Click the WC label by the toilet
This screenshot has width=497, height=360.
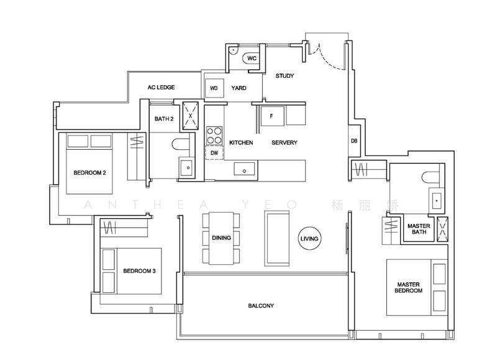point(251,58)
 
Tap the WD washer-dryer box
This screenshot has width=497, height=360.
point(214,88)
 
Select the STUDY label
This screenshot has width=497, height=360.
point(285,76)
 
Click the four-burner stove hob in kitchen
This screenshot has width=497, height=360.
point(214,135)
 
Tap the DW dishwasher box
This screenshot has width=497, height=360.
point(214,152)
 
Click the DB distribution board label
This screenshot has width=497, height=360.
point(353,142)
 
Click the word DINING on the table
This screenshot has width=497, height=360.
point(221,238)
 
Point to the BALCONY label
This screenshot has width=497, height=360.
point(261,306)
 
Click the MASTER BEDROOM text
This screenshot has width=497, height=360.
point(409,288)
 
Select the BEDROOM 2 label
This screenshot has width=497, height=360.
point(89,173)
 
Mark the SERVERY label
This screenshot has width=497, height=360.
point(285,143)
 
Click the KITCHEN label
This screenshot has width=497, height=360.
point(240,143)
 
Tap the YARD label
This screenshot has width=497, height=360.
point(239,88)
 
